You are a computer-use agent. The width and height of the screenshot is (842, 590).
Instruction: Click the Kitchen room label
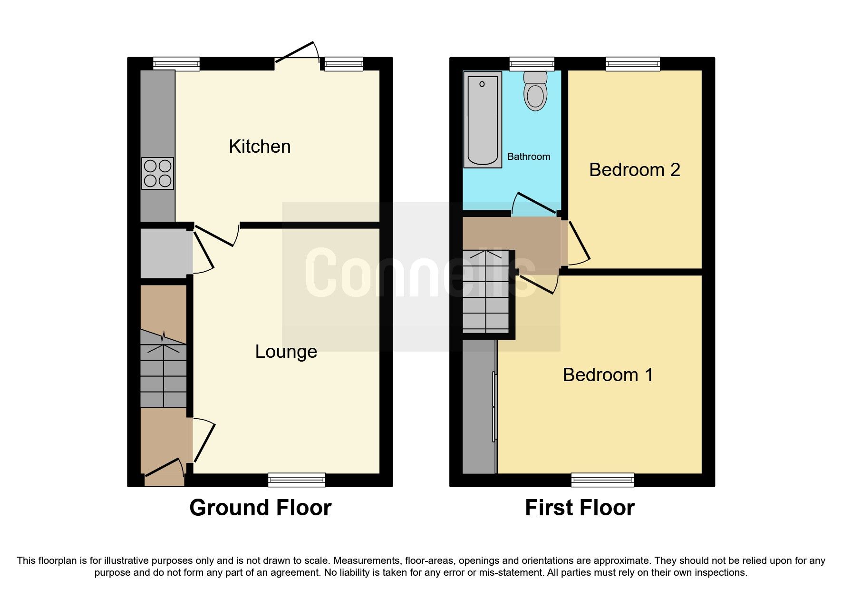click(x=260, y=147)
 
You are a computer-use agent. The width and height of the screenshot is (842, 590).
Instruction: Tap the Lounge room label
click(x=286, y=352)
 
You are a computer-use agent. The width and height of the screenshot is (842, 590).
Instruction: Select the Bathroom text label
click(x=528, y=157)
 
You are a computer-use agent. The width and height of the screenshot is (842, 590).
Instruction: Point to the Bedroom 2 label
click(x=634, y=170)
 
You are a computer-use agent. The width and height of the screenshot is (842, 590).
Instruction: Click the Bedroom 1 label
click(x=608, y=375)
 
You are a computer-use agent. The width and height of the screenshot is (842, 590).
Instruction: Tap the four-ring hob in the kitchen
click(x=158, y=173)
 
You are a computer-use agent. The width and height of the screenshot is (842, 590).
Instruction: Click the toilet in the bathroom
click(x=535, y=91)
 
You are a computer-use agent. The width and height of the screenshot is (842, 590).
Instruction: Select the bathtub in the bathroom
click(x=483, y=119)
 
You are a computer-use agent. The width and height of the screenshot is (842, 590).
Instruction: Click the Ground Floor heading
click(x=260, y=508)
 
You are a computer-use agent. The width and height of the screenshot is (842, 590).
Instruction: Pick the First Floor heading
click(x=580, y=508)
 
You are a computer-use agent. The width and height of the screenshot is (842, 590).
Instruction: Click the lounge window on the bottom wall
click(x=297, y=480)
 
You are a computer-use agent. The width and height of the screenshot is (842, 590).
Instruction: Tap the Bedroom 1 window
click(x=602, y=480)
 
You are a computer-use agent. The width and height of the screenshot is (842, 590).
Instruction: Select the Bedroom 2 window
click(x=633, y=64)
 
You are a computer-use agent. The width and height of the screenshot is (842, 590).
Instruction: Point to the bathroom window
click(x=532, y=64)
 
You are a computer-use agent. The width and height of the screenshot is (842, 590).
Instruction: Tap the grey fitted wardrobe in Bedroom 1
click(x=479, y=407)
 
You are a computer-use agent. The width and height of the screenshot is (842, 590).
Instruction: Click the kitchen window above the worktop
click(x=176, y=64)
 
